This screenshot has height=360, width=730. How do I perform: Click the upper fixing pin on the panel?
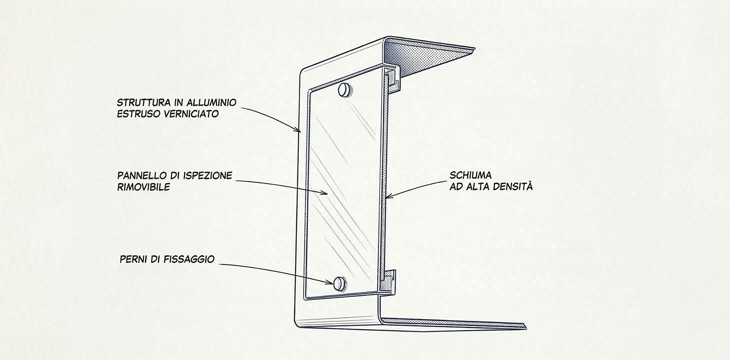pyautogui.click(x=345, y=90)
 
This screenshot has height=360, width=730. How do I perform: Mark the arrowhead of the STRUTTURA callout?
pyautogui.click(x=299, y=130)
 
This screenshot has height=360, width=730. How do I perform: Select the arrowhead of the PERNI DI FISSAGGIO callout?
pyautogui.click(x=330, y=282)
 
